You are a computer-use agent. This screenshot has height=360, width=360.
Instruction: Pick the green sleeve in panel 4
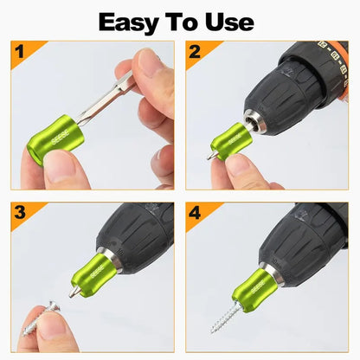(254, 289)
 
